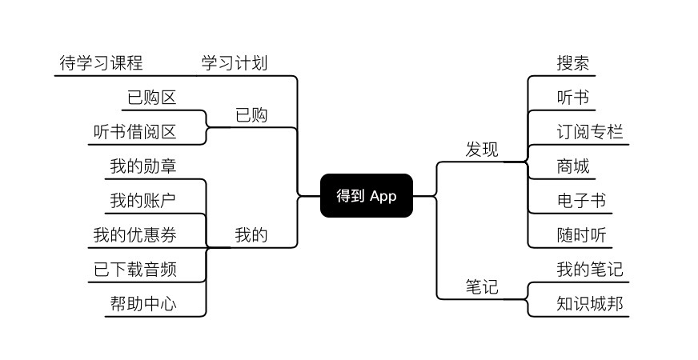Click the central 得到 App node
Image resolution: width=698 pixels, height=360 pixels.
[x=367, y=196]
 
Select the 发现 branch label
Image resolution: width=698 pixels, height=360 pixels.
[x=482, y=150]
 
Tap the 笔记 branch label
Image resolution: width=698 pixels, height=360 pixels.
[x=482, y=286]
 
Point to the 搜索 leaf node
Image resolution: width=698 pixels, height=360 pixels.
[x=573, y=63]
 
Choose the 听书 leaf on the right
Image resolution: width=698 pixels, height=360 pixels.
[x=573, y=98]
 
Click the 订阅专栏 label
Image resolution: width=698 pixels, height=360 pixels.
[x=590, y=132]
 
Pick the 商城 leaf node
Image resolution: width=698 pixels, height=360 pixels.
[x=573, y=166]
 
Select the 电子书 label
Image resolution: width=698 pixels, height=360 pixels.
[x=581, y=200]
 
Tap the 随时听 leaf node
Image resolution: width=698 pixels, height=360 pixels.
[x=581, y=234]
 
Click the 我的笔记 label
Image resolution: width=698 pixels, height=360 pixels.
[x=590, y=269]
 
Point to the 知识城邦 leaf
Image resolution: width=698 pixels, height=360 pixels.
[x=590, y=303]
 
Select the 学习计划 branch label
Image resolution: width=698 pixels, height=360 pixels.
[x=234, y=62]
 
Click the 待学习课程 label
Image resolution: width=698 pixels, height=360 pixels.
[x=101, y=62]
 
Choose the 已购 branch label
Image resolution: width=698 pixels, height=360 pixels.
[x=251, y=115]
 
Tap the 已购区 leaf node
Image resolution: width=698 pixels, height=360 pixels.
[x=151, y=98]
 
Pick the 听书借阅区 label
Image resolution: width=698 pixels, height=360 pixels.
[x=134, y=132]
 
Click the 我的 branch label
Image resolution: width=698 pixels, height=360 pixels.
[x=251, y=235]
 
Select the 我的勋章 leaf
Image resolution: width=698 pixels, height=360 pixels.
[x=143, y=166]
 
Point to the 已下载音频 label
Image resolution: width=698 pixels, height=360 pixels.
[x=134, y=270]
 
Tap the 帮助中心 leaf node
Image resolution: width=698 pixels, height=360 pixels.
[x=143, y=304]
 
